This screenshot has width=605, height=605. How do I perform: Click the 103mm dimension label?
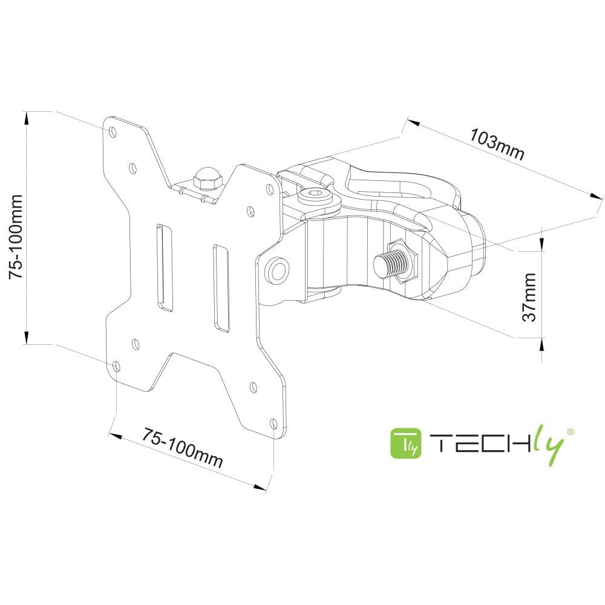coord(497,145)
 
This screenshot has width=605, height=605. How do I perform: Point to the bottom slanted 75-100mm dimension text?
coord(183,448)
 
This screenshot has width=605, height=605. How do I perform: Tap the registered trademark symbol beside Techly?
coord(569,431)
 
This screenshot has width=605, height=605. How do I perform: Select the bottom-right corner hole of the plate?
coord(273,423)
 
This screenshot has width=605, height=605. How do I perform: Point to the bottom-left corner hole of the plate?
coord(116,366)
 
